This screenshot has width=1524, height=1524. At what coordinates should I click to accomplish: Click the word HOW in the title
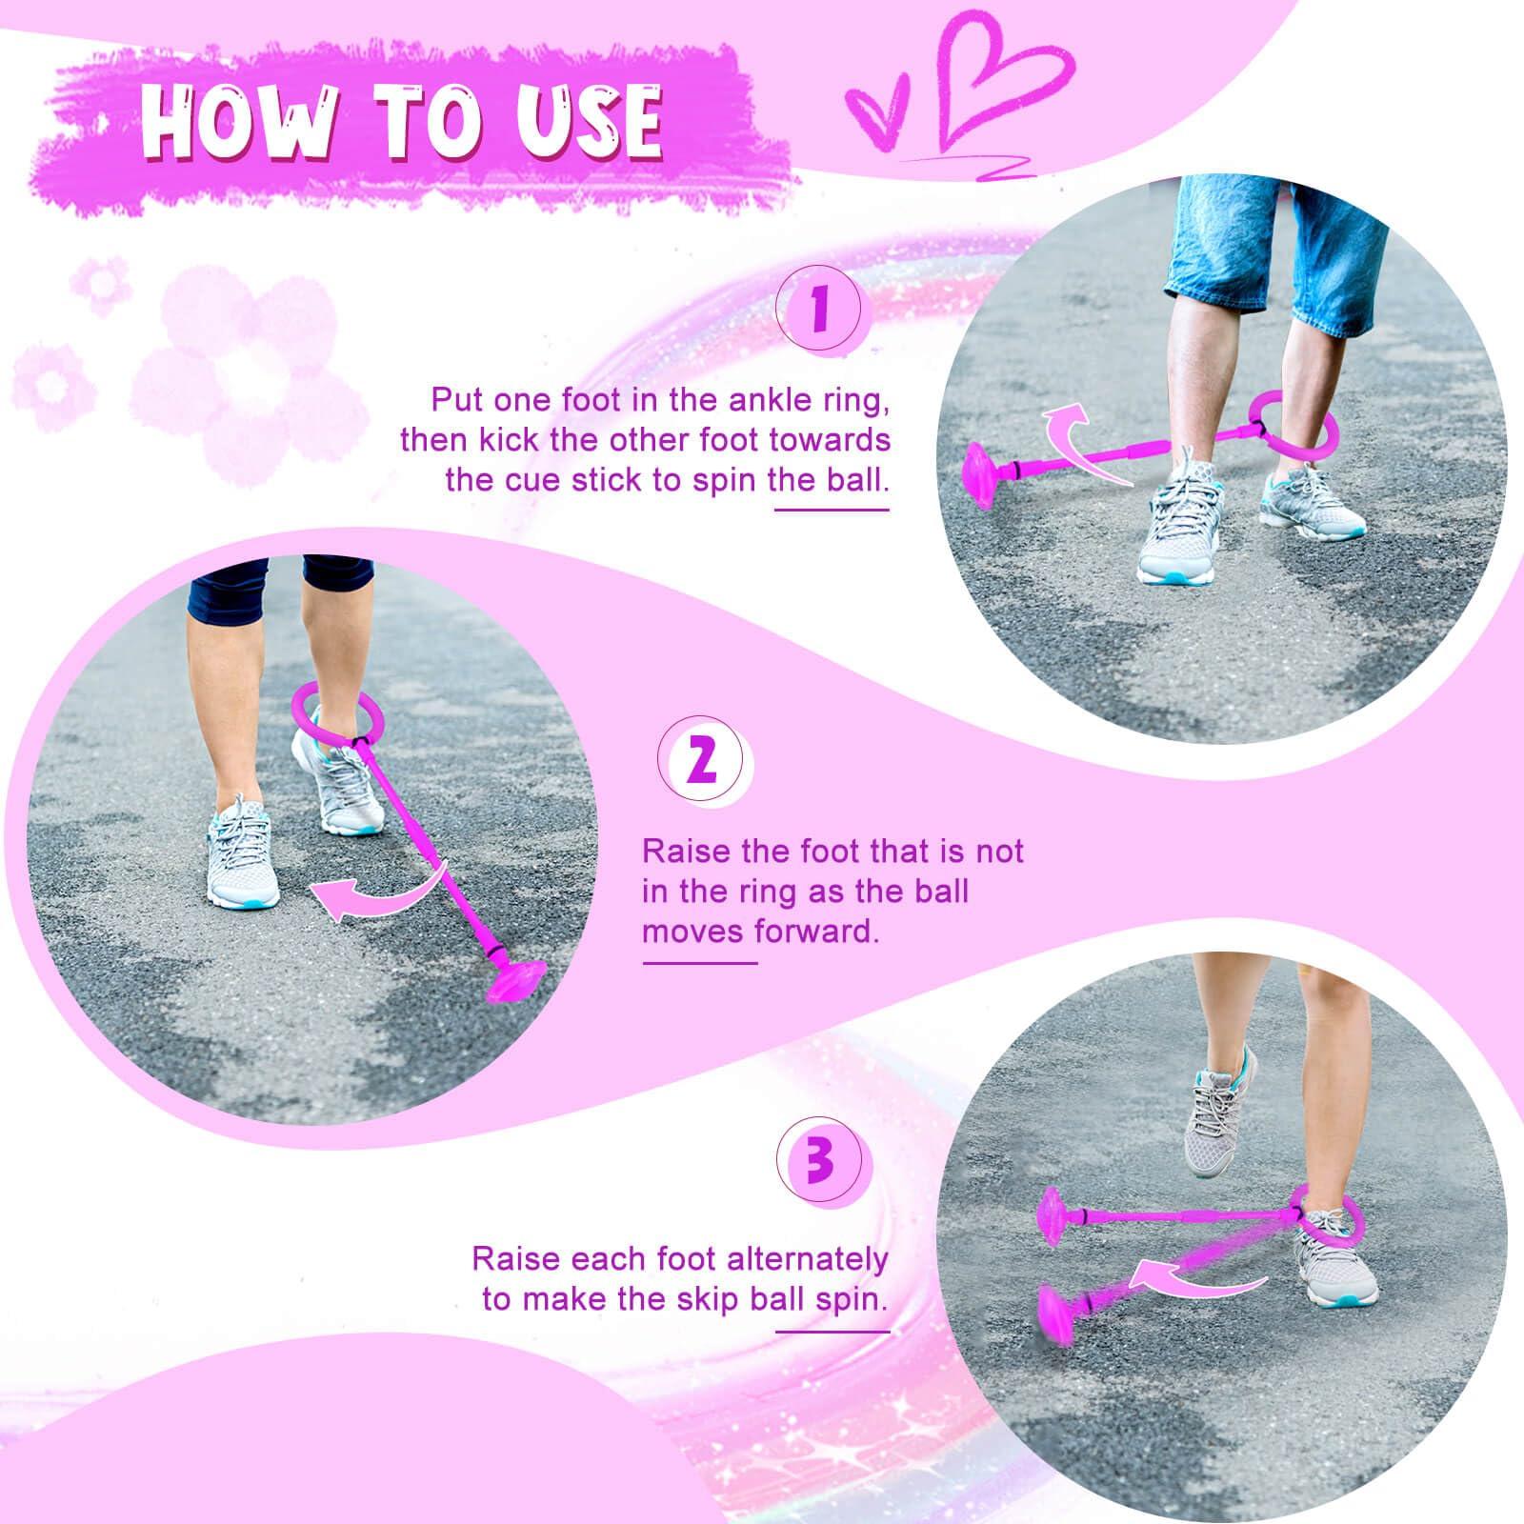pyautogui.click(x=237, y=120)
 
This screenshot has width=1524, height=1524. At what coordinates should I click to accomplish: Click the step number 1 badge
pyautogui.click(x=818, y=311)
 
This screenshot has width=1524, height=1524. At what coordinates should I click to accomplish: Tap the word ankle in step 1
pyautogui.click(x=748, y=399)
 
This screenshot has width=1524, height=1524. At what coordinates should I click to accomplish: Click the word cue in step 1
pyautogui.click(x=532, y=478)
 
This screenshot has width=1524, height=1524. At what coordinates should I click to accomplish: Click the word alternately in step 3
pyautogui.click(x=807, y=1259)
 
